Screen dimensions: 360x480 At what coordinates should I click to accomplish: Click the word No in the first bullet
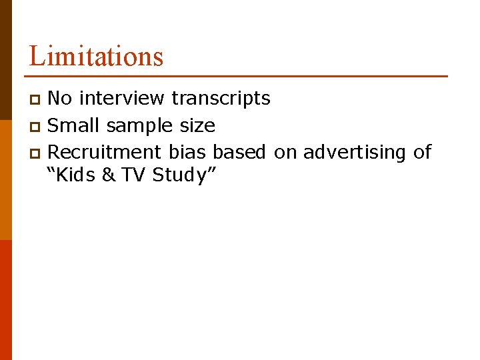click(x=61, y=99)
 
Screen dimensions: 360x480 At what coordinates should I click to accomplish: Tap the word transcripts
click(x=221, y=99)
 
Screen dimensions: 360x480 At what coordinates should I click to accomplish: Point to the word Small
click(x=74, y=125)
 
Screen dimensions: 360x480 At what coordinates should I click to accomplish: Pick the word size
click(x=198, y=125)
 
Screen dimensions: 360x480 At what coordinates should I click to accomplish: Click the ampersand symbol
click(x=109, y=175)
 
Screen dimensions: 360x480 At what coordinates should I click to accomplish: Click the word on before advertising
click(x=285, y=153)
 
